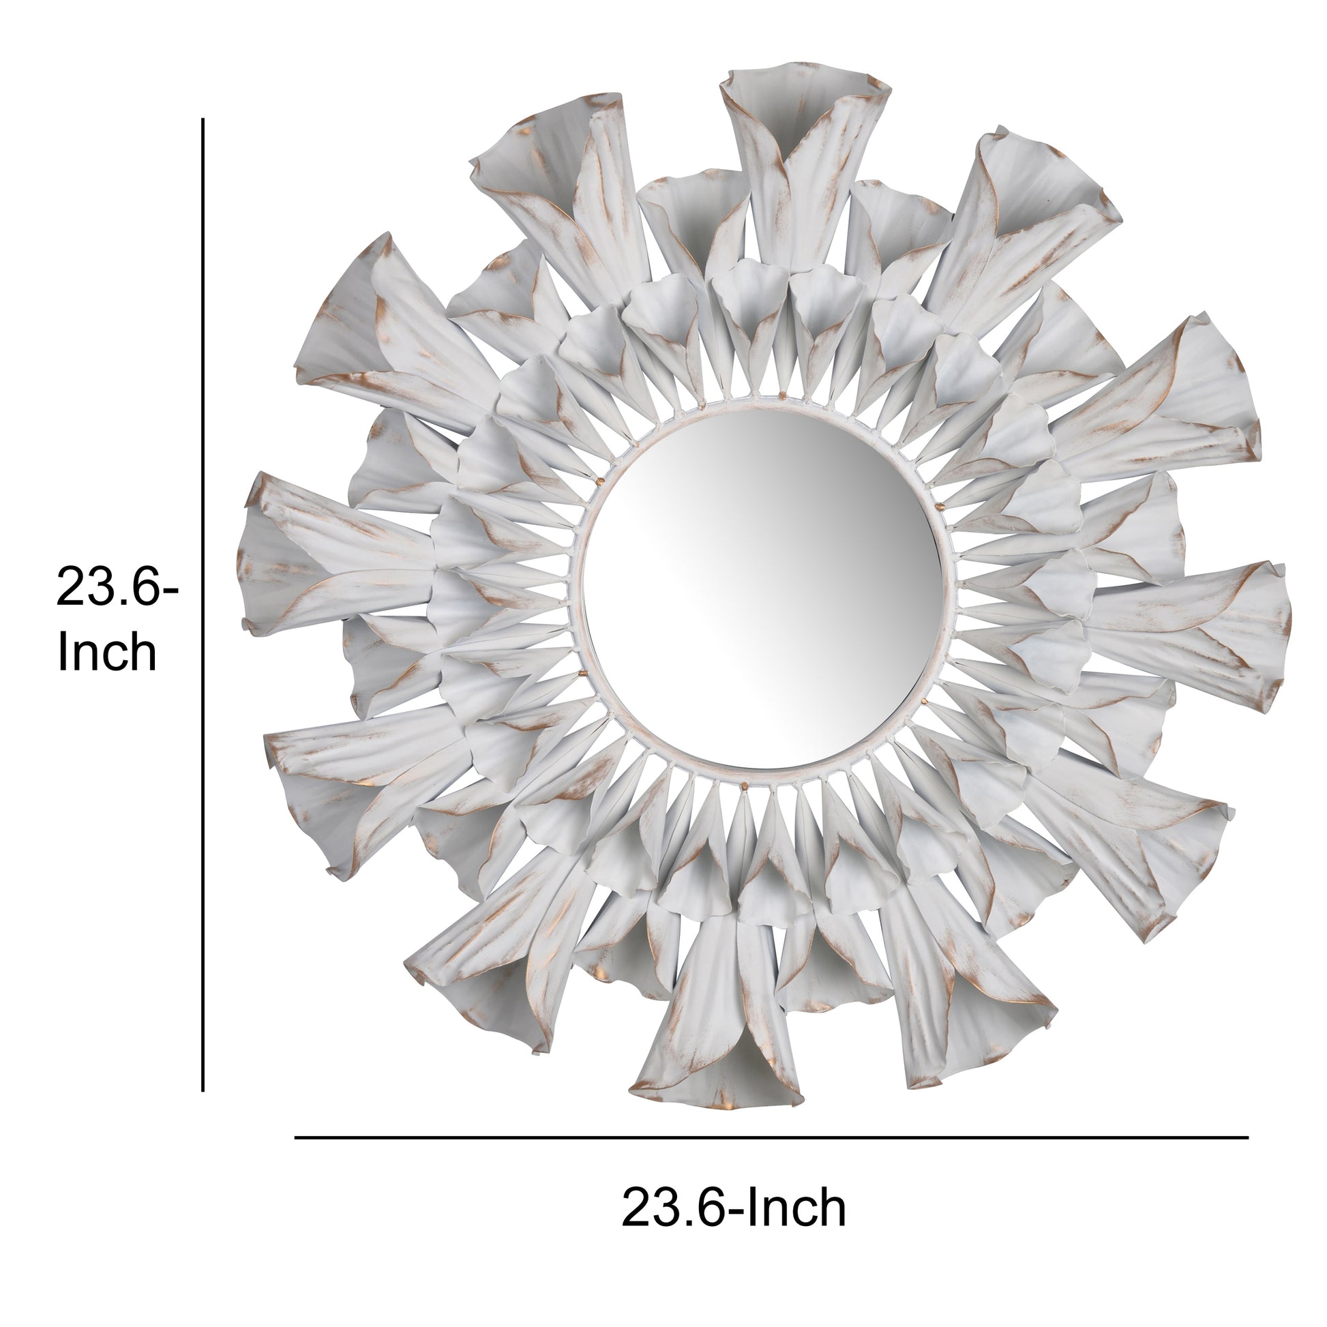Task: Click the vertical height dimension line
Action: coord(203,604)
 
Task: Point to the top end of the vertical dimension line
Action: coord(203,119)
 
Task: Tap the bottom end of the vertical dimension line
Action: coord(203,1090)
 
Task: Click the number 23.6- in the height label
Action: coord(117,588)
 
